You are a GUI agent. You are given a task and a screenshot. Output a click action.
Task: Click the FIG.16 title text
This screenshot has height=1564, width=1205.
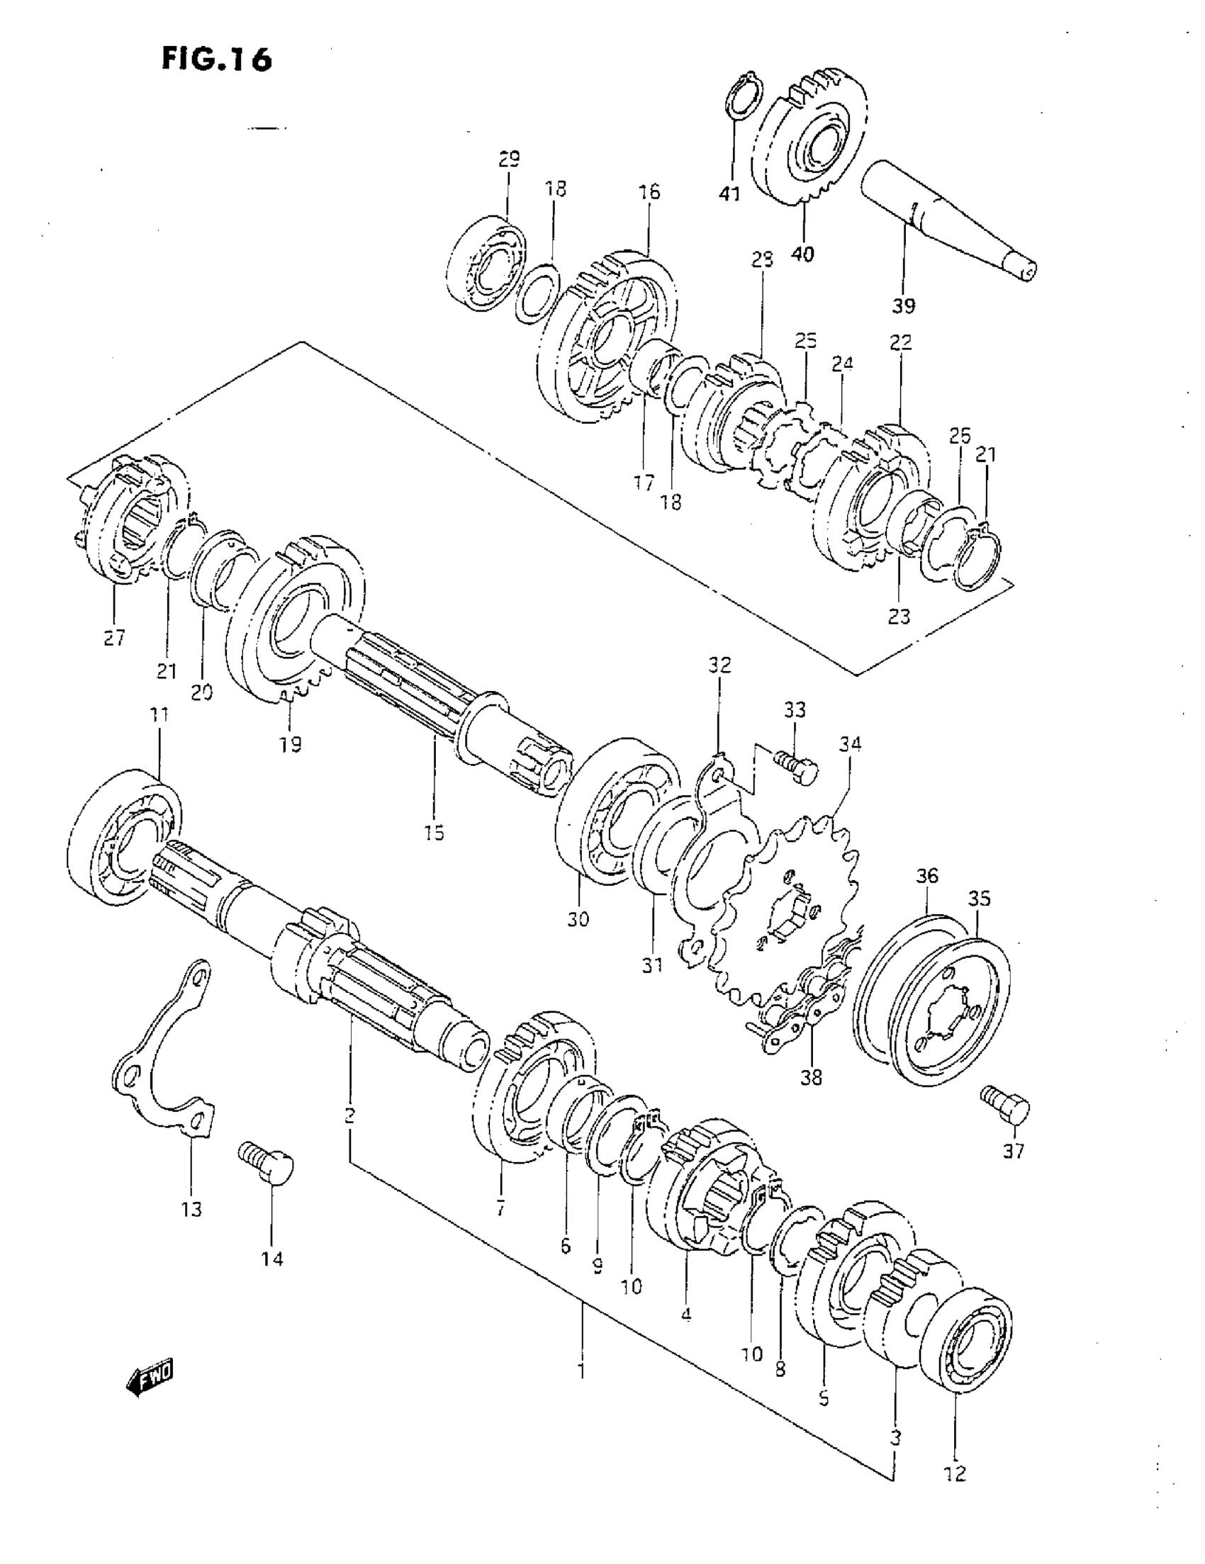click(216, 59)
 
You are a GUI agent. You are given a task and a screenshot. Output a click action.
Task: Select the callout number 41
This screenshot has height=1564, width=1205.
click(730, 193)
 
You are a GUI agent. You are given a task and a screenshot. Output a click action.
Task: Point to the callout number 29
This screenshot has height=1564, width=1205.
click(509, 158)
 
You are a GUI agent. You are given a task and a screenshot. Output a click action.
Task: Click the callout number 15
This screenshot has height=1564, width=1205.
click(434, 832)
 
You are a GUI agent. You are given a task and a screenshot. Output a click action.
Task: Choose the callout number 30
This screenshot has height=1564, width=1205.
click(578, 919)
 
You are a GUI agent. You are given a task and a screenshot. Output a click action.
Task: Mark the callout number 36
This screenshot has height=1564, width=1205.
click(926, 875)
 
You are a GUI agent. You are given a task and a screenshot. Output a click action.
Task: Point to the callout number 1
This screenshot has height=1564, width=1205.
click(582, 1370)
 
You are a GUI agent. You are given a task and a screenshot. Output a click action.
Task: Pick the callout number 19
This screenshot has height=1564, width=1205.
click(290, 745)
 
